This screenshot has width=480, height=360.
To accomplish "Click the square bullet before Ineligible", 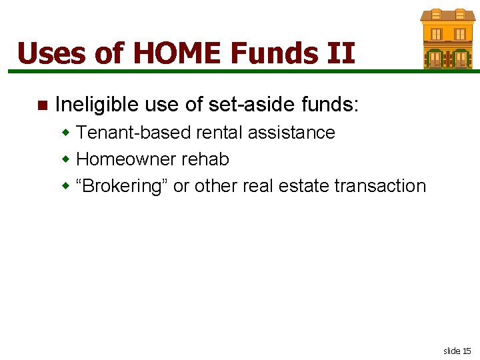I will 43,105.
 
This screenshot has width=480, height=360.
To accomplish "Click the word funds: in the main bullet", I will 329,105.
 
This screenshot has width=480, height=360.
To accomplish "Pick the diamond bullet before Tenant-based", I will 66,132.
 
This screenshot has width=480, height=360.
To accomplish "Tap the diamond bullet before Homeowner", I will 66,159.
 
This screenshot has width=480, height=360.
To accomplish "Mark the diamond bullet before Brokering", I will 66,185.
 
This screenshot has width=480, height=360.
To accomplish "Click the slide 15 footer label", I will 457,350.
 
